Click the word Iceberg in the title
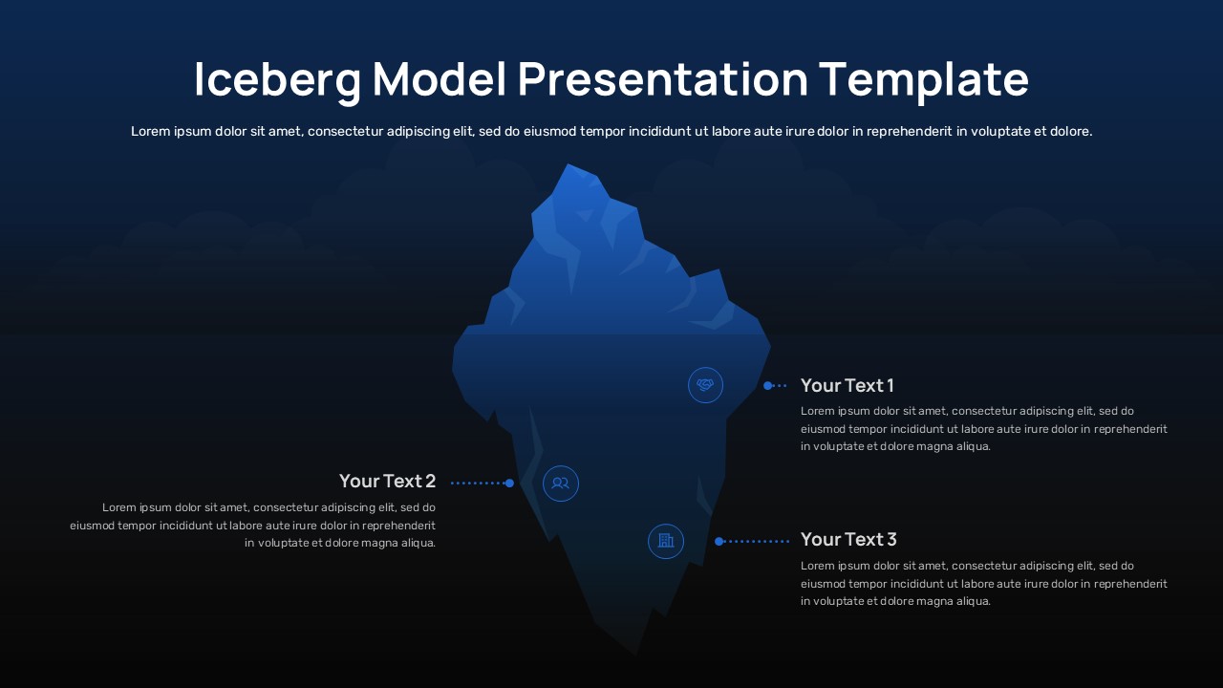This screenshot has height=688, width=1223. pos(277,79)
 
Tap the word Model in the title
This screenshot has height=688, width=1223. pos(440,78)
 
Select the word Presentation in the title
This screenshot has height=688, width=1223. pos(663,79)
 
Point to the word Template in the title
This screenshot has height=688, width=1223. pos(924,79)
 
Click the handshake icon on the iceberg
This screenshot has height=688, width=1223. pos(705,385)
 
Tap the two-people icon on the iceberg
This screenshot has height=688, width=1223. pos(561,484)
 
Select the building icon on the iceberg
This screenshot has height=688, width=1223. pos(666,541)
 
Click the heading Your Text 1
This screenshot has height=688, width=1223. pos(847,385)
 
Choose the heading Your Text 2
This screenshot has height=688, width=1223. pos(387,481)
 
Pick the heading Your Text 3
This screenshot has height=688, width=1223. pos(848,540)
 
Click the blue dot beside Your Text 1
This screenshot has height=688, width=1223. pos(767,385)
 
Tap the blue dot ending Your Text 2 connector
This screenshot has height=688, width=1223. pos(509,484)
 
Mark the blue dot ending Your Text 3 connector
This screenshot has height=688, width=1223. pos(719,541)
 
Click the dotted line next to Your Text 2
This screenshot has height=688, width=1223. pos(478,484)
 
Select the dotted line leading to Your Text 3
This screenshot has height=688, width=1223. pos(756,541)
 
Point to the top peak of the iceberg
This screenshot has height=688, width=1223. pos(568,164)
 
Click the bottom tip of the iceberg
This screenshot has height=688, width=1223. pos(636,655)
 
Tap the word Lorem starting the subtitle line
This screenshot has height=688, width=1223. pos(150,131)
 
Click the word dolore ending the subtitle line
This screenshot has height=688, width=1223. pos(1071,131)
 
